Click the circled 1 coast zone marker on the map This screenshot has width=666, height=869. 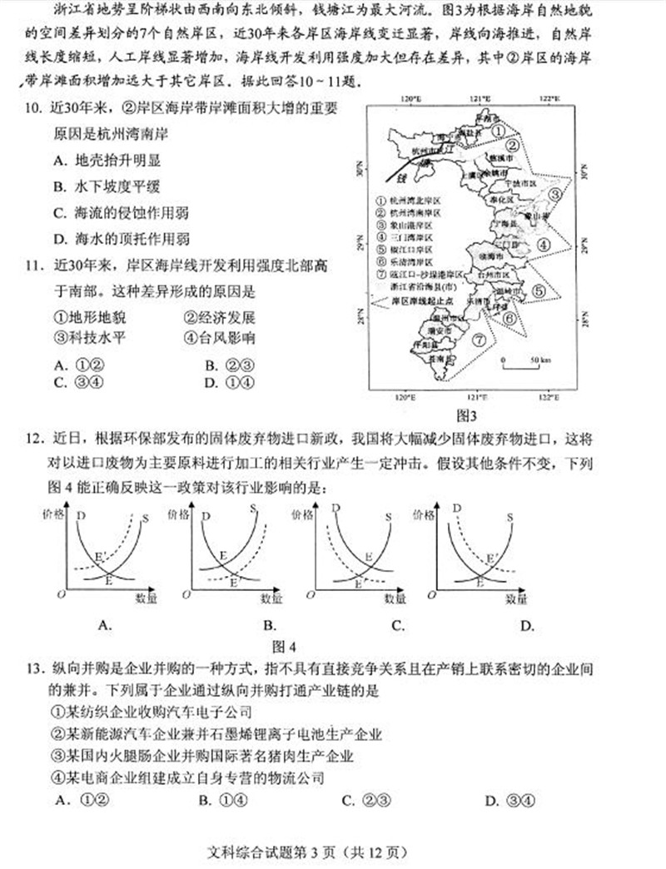pyautogui.click(x=496, y=131)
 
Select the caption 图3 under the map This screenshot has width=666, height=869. pyautogui.click(x=466, y=415)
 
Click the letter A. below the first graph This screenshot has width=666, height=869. pyautogui.click(x=105, y=626)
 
